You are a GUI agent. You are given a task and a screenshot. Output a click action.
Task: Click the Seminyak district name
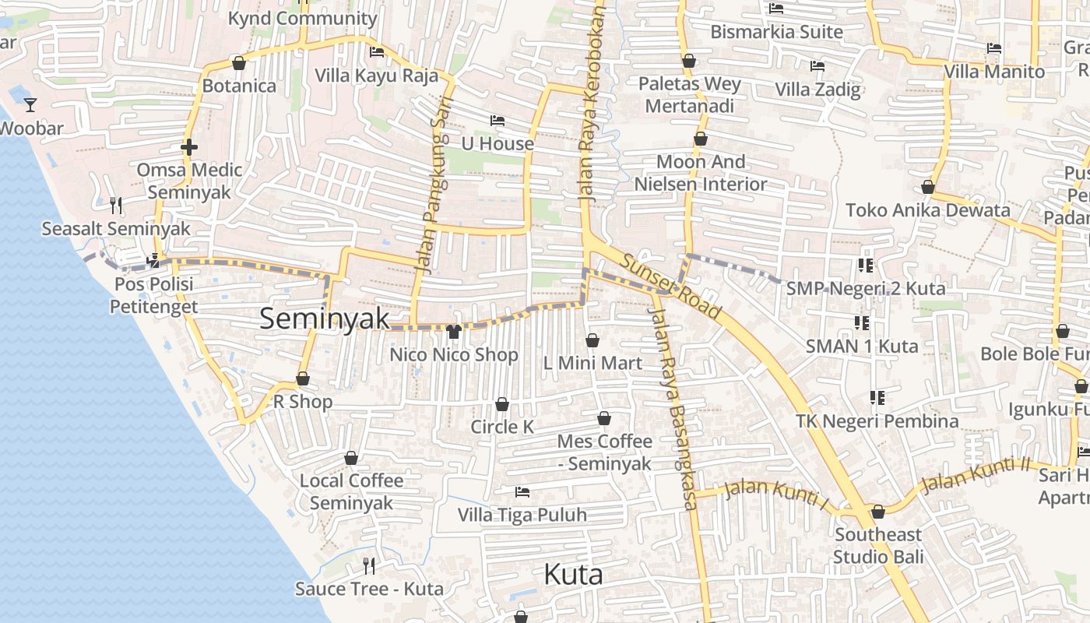[x=324, y=318]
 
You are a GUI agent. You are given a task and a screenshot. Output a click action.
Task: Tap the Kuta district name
[x=573, y=575]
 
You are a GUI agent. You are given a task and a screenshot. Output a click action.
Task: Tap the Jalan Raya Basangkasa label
[x=675, y=405]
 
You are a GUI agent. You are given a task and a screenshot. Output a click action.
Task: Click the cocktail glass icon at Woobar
[x=30, y=105]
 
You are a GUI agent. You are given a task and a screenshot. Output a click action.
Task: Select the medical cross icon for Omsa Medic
[x=188, y=146]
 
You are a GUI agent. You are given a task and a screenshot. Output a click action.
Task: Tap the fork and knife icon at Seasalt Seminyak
[x=116, y=206]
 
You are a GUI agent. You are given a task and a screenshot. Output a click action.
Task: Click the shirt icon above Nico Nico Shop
[x=454, y=332]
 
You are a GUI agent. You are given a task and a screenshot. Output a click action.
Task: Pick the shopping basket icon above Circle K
[x=502, y=404]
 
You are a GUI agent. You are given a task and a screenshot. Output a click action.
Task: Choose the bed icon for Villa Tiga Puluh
[x=522, y=492]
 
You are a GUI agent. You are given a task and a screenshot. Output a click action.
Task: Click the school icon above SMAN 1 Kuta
[x=861, y=322]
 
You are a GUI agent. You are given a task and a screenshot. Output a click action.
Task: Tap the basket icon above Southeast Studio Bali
[x=878, y=512]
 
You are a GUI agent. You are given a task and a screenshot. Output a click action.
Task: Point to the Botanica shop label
[x=239, y=86]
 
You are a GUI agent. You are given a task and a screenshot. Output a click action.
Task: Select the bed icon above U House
[x=498, y=121]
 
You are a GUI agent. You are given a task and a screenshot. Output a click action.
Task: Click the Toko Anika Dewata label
[x=927, y=209]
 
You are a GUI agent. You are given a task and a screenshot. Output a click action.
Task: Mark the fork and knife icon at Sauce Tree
[x=369, y=565]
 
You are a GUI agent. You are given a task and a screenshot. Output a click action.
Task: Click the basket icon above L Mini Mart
[x=592, y=340]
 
